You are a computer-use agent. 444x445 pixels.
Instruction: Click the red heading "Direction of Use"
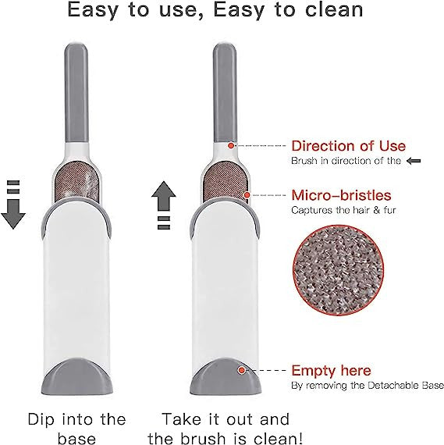coord(348,146)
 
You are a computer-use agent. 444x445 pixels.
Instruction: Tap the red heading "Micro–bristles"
coord(341,195)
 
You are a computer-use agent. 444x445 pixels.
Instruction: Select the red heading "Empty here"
coord(331,370)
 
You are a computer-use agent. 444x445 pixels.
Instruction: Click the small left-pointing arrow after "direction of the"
coord(414,161)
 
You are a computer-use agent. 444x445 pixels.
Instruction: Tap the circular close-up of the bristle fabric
coord(338,271)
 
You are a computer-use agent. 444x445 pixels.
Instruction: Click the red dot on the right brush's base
coord(241,370)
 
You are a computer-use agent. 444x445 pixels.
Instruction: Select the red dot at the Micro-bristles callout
coord(247,195)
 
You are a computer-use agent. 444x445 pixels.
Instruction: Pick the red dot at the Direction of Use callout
coord(231,145)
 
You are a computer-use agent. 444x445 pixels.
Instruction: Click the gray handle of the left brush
coord(76,93)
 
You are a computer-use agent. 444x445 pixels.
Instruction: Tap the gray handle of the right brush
coord(225,93)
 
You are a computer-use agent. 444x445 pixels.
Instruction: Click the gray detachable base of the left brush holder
coord(76,376)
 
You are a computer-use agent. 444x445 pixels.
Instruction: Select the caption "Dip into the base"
coord(76,429)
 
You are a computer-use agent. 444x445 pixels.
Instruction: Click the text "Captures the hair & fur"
coord(343,210)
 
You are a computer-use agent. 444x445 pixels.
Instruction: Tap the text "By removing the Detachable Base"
coord(368,386)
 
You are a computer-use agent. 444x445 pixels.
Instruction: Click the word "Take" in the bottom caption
coord(182,419)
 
